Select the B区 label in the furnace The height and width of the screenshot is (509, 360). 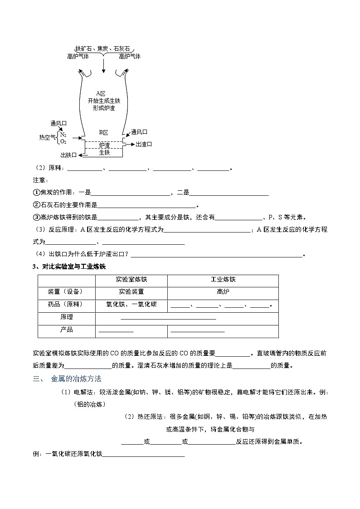[104, 132]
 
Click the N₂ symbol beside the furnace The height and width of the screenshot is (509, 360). [63, 135]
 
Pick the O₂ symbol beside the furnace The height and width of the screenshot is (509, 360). [63, 141]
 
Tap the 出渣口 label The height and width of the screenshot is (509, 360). [143, 144]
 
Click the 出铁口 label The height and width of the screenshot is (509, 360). [68, 155]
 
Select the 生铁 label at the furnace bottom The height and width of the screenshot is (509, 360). [104, 152]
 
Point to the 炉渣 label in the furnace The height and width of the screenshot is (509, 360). [104, 145]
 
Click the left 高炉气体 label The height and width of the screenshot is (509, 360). [78, 56]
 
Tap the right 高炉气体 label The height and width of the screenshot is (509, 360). [130, 56]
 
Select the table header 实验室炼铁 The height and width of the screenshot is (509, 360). [131, 280]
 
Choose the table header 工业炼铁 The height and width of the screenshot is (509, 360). [223, 280]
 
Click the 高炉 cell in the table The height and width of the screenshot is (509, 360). [223, 292]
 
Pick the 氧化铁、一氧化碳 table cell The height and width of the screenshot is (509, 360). [131, 305]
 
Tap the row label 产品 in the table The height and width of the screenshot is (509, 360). [67, 330]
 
